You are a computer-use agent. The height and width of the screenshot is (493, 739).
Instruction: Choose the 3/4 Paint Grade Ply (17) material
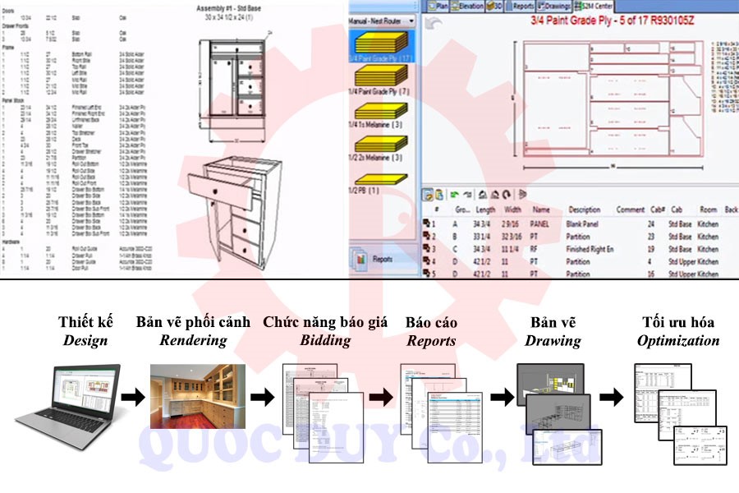click(x=380, y=48)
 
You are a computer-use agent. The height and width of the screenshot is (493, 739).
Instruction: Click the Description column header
click(x=585, y=210)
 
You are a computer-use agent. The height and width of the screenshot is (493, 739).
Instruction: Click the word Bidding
click(x=325, y=340)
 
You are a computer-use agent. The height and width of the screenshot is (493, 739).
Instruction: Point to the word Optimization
click(x=678, y=340)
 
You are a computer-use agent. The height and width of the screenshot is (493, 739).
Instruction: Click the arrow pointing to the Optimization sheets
click(x=611, y=399)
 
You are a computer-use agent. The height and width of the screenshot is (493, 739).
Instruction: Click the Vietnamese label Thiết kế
click(x=85, y=321)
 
